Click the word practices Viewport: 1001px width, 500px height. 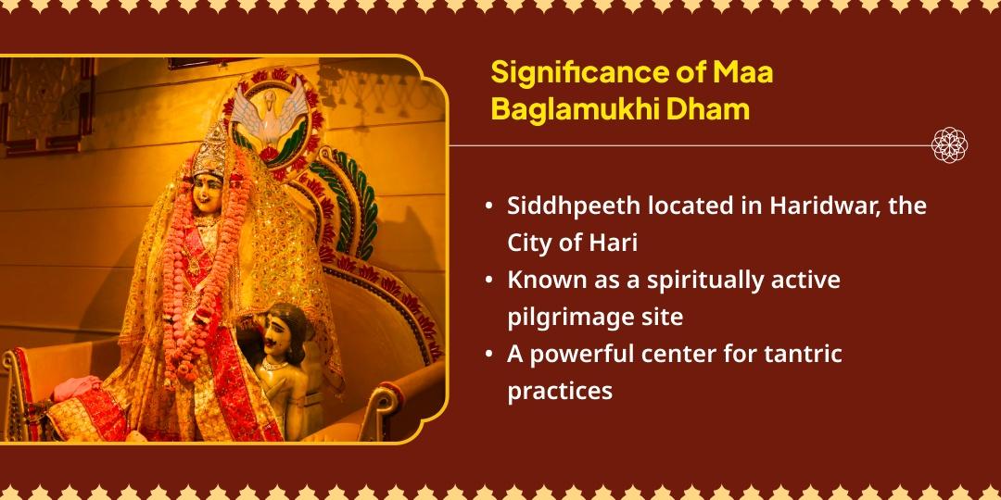(560, 391)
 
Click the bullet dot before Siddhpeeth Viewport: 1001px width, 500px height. (488, 206)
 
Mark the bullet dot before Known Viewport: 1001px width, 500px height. (488, 281)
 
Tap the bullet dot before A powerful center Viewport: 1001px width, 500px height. (488, 355)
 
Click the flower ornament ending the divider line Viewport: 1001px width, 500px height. (950, 145)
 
